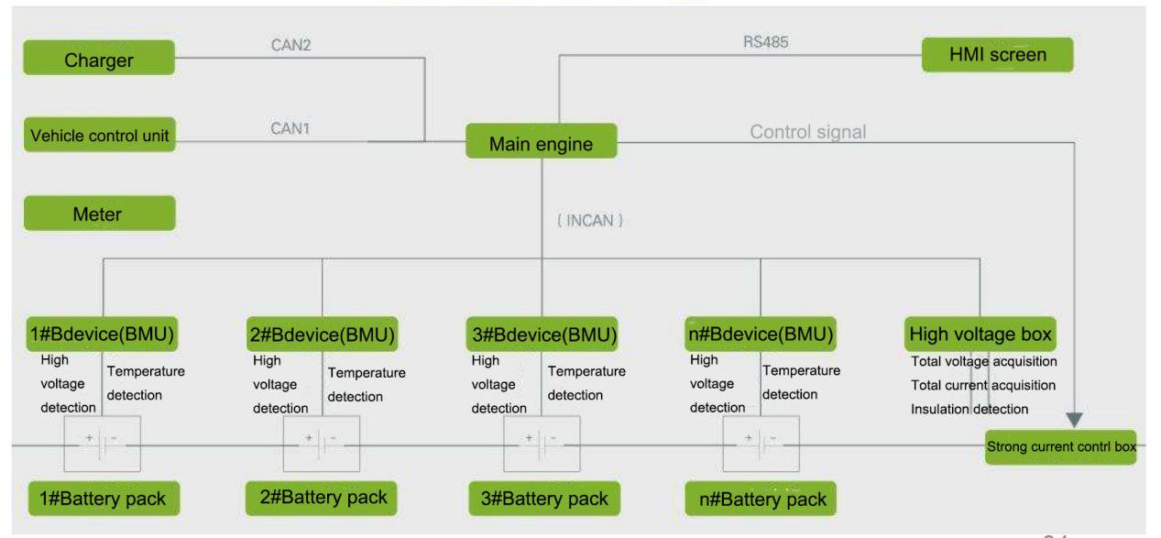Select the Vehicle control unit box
(99, 137)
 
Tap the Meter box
(99, 213)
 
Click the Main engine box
(541, 143)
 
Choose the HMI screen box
(997, 56)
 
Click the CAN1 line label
(290, 129)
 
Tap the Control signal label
(807, 132)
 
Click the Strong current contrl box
(1060, 447)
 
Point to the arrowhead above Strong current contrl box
(1075, 419)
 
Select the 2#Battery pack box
(321, 498)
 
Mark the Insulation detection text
(969, 409)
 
